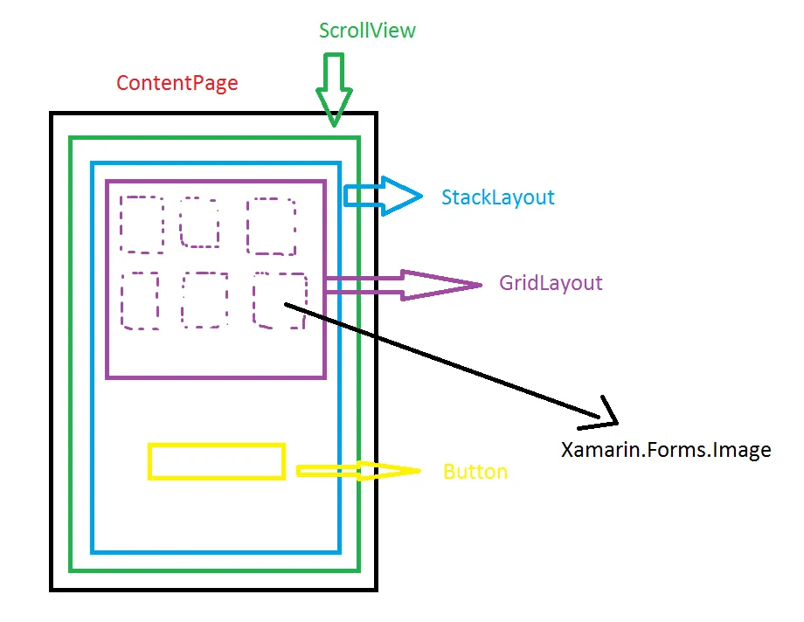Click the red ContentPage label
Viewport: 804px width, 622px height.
pyautogui.click(x=177, y=84)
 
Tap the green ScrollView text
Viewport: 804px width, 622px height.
pyautogui.click(x=367, y=31)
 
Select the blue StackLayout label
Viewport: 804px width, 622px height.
pyautogui.click(x=497, y=197)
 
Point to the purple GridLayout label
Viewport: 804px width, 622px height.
pyautogui.click(x=551, y=283)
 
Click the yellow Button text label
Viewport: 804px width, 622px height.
pyautogui.click(x=475, y=472)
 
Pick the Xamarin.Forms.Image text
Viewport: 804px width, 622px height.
pyautogui.click(x=666, y=451)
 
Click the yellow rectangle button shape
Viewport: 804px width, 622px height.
pyautogui.click(x=217, y=462)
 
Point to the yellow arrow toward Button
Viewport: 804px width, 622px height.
pyautogui.click(x=358, y=471)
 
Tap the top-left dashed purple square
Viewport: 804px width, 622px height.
pyautogui.click(x=142, y=224)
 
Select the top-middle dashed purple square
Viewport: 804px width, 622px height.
pyautogui.click(x=199, y=222)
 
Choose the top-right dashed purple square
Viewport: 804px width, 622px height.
pyautogui.click(x=271, y=226)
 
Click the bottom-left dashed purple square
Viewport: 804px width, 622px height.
pyautogui.click(x=140, y=301)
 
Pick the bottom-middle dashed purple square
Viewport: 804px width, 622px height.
pyautogui.click(x=205, y=301)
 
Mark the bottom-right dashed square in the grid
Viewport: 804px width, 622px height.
pyautogui.click(x=280, y=301)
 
